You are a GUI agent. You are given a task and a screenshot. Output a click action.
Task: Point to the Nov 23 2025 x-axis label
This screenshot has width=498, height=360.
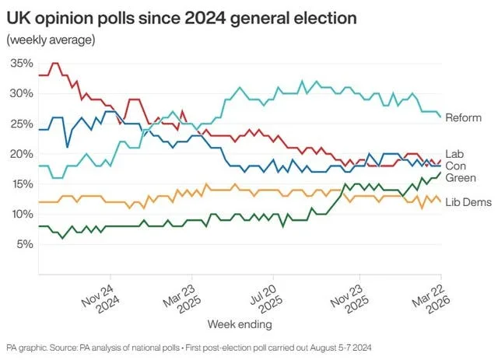[345, 297]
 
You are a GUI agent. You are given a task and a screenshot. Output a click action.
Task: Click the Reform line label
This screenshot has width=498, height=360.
[464, 118]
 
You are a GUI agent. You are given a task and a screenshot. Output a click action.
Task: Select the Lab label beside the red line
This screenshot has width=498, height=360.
[454, 154]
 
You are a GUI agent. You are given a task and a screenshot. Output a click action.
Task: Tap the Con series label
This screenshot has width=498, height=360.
[455, 166]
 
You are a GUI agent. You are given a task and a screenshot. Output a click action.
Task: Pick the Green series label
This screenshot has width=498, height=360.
[460, 178]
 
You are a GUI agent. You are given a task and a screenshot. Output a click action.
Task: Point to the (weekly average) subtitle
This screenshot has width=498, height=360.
[51, 39]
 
